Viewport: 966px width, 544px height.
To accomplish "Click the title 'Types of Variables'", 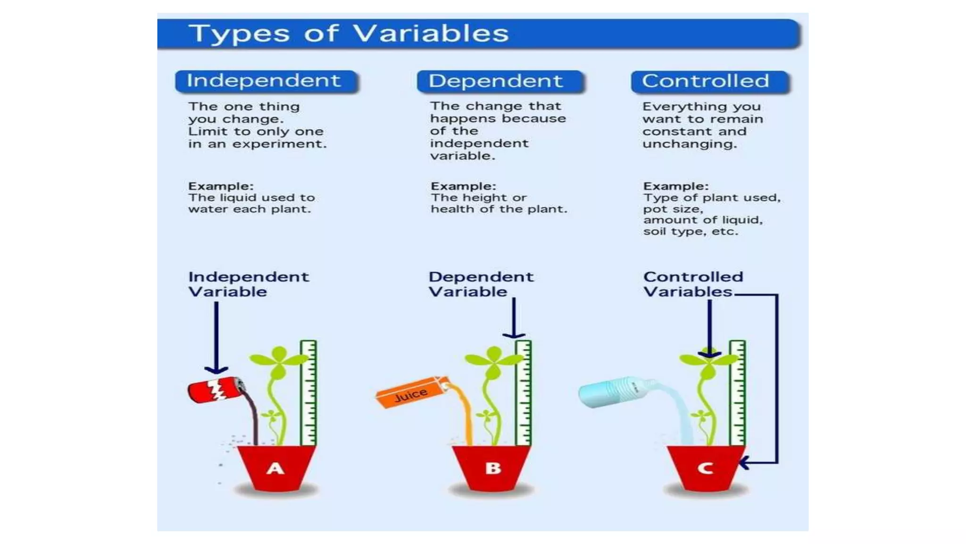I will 349,34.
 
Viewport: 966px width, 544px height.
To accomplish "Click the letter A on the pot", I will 275,468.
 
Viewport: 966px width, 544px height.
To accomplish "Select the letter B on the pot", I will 492,468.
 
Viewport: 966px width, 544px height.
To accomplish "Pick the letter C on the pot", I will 705,468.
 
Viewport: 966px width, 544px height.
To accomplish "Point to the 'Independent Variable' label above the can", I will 248,284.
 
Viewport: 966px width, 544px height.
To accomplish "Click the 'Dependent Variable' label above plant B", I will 481,284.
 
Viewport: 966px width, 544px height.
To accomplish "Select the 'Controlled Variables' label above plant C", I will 692,284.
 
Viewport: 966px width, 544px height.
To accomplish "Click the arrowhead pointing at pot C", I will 744,463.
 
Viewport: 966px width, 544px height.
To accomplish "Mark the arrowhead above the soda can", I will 216,370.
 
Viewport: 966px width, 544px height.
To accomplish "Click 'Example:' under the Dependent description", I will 463,186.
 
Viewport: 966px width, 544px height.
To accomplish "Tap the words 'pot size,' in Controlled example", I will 673,209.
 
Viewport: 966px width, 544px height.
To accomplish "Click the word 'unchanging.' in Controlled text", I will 690,144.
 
